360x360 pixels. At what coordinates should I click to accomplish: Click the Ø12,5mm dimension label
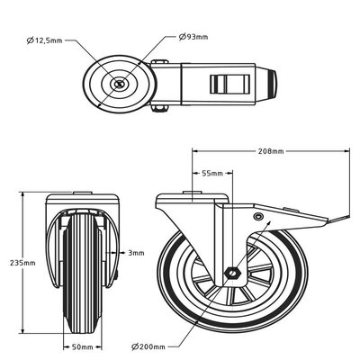pyautogui.click(x=46, y=40)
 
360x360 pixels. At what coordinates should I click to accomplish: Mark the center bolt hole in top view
pyautogui.click(x=121, y=85)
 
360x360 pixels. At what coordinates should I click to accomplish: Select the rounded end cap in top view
pyautogui.click(x=274, y=85)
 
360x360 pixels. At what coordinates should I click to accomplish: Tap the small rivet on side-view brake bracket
pyautogui.click(x=259, y=218)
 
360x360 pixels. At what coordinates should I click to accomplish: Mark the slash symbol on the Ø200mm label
pyautogui.click(x=134, y=346)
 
